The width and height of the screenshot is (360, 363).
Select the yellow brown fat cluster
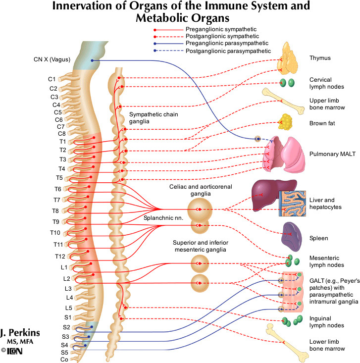click(x=287, y=121)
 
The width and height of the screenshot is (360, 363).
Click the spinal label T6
click(x=58, y=189)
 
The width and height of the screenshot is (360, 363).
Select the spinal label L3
click(x=55, y=288)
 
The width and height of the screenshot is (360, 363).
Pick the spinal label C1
click(x=51, y=79)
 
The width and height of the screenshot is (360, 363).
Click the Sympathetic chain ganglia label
click(x=154, y=117)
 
